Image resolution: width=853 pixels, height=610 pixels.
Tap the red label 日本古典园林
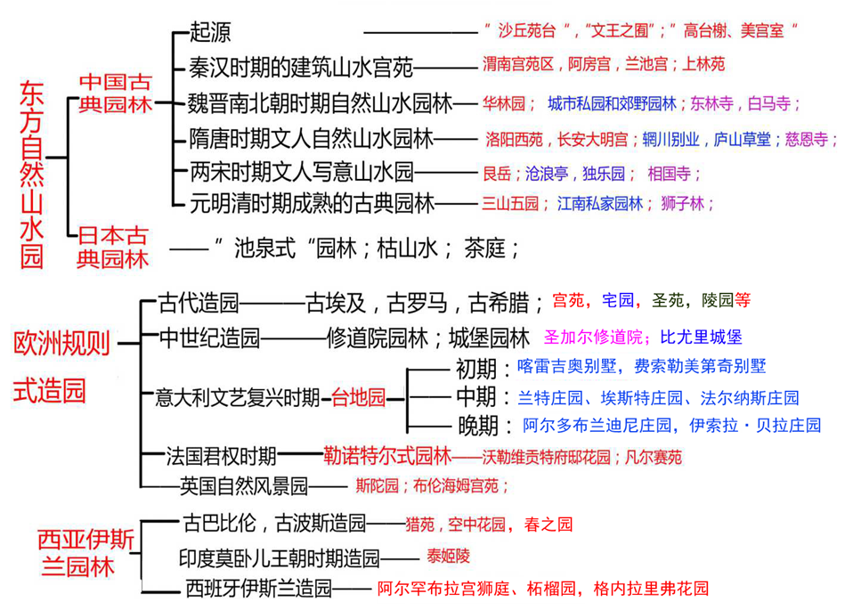point(112,247)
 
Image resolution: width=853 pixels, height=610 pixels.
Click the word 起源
point(210,32)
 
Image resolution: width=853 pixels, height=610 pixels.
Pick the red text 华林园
point(503,102)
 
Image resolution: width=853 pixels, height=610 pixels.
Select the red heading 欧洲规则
point(61,342)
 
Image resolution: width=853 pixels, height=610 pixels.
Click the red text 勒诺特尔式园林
point(387,457)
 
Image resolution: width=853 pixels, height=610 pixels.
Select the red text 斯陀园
point(375,486)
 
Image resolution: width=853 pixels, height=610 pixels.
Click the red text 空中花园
point(479,524)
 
